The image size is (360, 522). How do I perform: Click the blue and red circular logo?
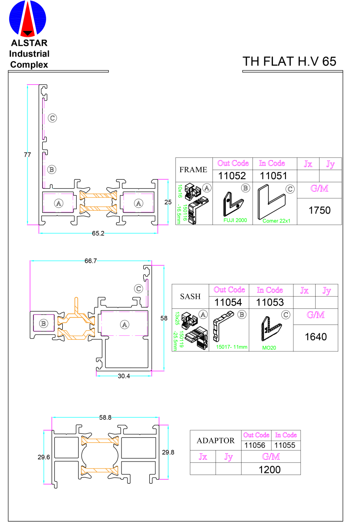(x=27, y=19)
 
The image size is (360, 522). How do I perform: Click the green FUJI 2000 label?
(x=235, y=221)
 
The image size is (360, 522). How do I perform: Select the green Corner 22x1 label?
(x=276, y=221)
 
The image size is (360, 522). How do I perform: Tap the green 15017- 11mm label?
(x=232, y=347)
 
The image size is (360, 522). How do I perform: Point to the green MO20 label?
(x=269, y=348)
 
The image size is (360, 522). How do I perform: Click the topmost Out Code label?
(x=233, y=163)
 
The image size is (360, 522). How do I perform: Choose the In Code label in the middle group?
(x=269, y=290)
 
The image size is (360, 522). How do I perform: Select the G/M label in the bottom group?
(x=271, y=457)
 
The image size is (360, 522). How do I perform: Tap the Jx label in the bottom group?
(x=203, y=457)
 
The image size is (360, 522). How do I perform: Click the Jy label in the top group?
(x=330, y=164)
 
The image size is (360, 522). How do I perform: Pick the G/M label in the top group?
(x=319, y=188)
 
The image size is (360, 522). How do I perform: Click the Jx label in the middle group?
(x=304, y=291)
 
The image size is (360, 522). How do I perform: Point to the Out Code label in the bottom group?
(x=256, y=435)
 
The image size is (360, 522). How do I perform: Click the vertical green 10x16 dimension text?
(x=179, y=191)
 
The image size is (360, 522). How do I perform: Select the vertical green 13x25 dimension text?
(x=177, y=318)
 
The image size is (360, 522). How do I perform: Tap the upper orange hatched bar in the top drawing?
(x=98, y=195)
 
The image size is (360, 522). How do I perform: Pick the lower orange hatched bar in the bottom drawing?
(x=100, y=470)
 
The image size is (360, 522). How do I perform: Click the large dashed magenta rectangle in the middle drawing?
(x=124, y=323)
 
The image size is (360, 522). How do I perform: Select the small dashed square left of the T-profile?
(x=44, y=322)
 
